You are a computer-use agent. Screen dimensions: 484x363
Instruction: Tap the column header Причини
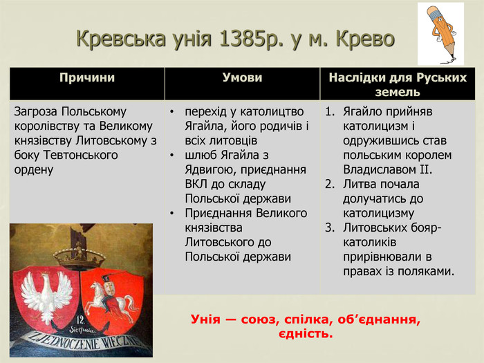click(87, 77)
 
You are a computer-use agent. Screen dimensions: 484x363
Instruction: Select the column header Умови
click(242, 77)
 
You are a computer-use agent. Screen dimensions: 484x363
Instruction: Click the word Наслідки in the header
click(357, 77)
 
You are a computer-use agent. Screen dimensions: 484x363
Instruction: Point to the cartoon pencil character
click(442, 32)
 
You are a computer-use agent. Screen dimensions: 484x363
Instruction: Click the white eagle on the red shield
click(46, 297)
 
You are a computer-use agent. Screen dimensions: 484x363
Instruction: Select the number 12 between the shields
click(80, 319)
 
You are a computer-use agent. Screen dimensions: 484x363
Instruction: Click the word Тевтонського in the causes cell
click(81, 156)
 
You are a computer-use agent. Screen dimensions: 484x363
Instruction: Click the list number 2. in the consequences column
click(330, 185)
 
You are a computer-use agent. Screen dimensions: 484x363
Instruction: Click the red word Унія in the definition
click(206, 319)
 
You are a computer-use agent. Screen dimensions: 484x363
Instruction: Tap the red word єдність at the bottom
click(306, 334)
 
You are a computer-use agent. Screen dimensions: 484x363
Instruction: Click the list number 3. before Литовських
click(330, 227)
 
